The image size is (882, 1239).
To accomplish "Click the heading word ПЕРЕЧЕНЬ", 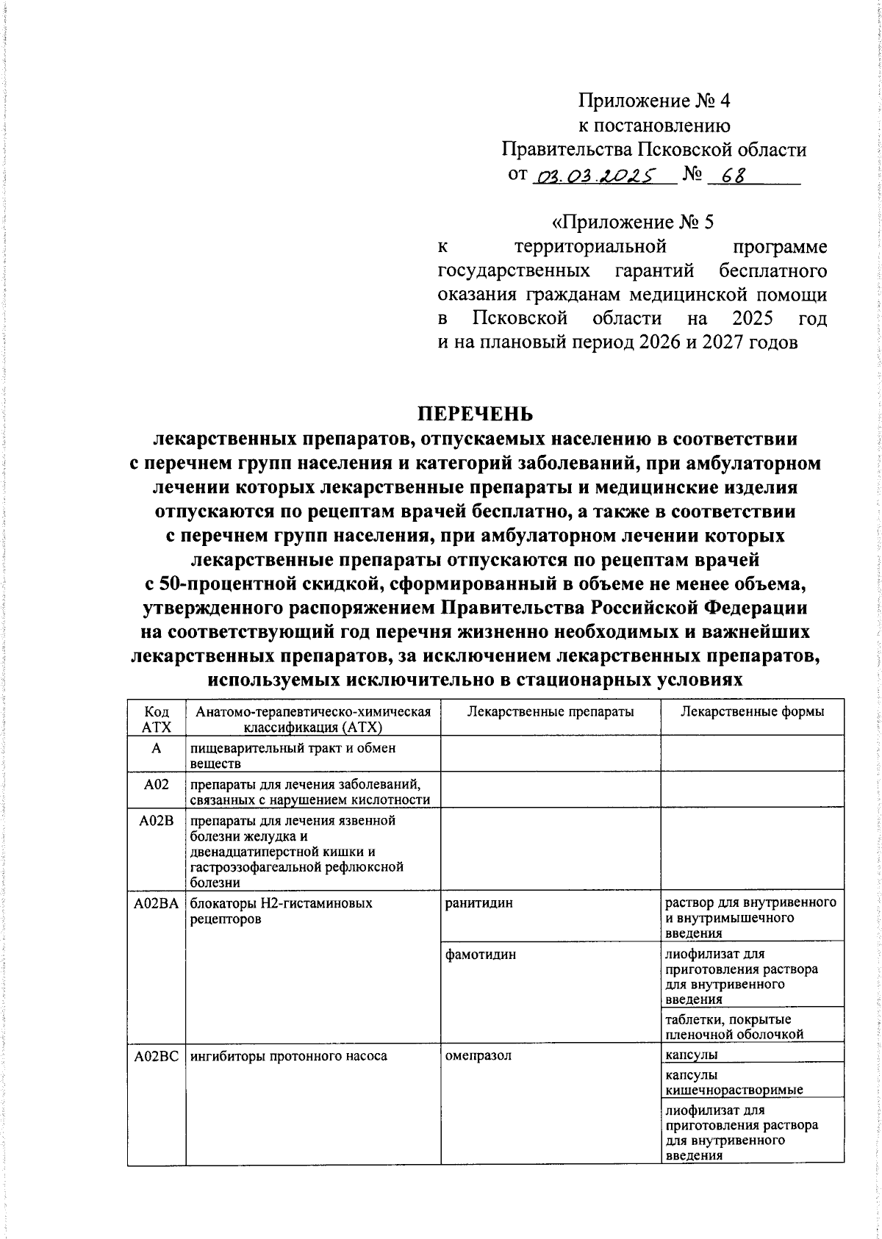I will point(475,414).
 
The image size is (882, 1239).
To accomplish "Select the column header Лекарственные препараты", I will point(551,711).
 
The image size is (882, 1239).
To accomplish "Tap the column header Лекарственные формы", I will point(752,711).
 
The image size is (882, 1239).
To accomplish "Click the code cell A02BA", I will point(156,904).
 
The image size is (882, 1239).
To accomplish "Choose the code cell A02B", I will point(156,821).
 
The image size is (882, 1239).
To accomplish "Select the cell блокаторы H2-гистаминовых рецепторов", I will point(281,911).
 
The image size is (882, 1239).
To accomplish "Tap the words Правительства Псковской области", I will point(653,150).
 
